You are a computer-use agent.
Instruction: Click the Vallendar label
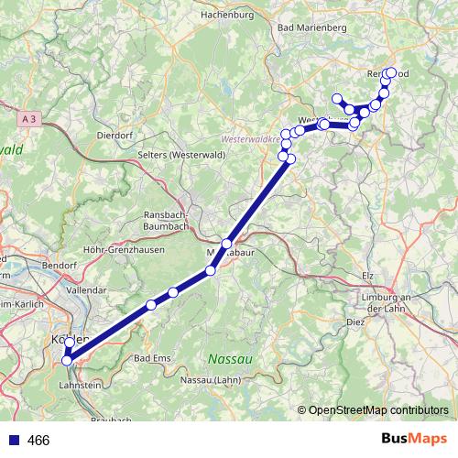[86, 289]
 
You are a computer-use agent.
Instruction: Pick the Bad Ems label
[152, 357]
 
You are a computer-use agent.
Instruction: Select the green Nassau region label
[228, 357]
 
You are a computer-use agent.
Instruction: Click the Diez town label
[356, 323]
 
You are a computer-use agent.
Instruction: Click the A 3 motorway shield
[27, 118]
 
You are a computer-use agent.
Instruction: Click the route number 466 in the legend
[40, 441]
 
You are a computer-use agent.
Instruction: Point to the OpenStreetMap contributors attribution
[376, 410]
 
